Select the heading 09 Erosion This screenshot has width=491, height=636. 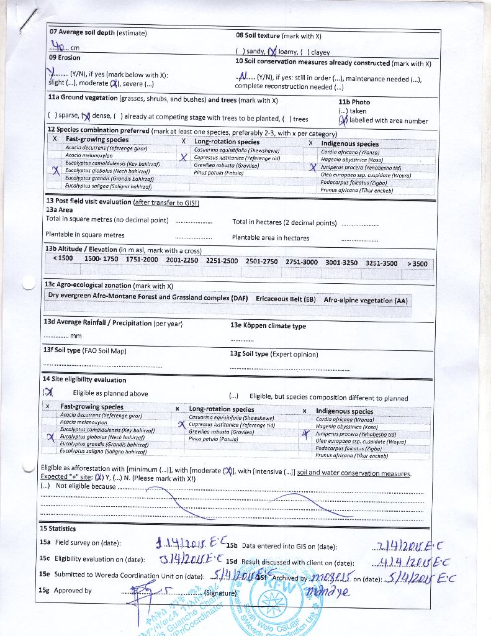[x=65, y=58]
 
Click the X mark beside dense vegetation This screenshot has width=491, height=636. [x=86, y=116]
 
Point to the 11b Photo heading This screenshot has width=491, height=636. [x=354, y=102]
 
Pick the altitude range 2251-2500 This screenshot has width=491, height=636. [x=222, y=261]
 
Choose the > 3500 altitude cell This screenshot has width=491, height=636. [x=417, y=263]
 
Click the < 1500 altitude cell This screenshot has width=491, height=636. [x=63, y=258]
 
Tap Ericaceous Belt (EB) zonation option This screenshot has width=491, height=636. [x=286, y=299]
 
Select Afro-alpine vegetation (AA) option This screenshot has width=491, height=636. [x=366, y=300]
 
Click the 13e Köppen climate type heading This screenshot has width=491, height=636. [x=268, y=325]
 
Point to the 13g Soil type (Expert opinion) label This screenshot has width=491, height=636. [x=274, y=354]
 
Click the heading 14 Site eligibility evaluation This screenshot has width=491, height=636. [x=84, y=379]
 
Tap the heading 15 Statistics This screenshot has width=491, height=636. [x=58, y=529]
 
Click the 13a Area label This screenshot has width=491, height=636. [x=59, y=210]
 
